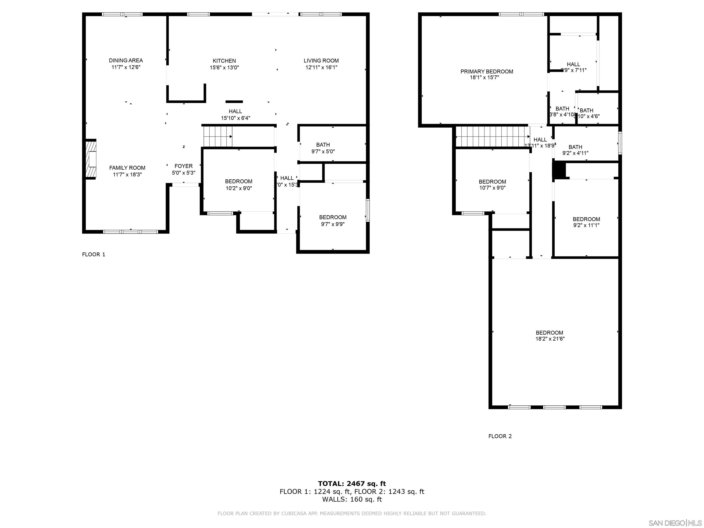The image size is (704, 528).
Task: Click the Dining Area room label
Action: tap(126, 60)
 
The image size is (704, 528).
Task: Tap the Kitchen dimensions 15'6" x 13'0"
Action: tap(224, 67)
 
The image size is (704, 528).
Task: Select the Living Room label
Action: tap(321, 60)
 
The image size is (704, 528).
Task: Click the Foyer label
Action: tap(183, 166)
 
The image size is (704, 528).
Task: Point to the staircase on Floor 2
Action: tap(492, 137)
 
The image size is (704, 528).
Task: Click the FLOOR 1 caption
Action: tap(93, 254)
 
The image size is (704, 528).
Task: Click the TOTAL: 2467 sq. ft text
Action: tap(352, 484)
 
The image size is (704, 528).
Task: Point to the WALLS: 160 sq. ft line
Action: tap(352, 499)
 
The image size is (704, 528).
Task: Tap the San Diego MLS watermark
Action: tap(675, 523)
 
